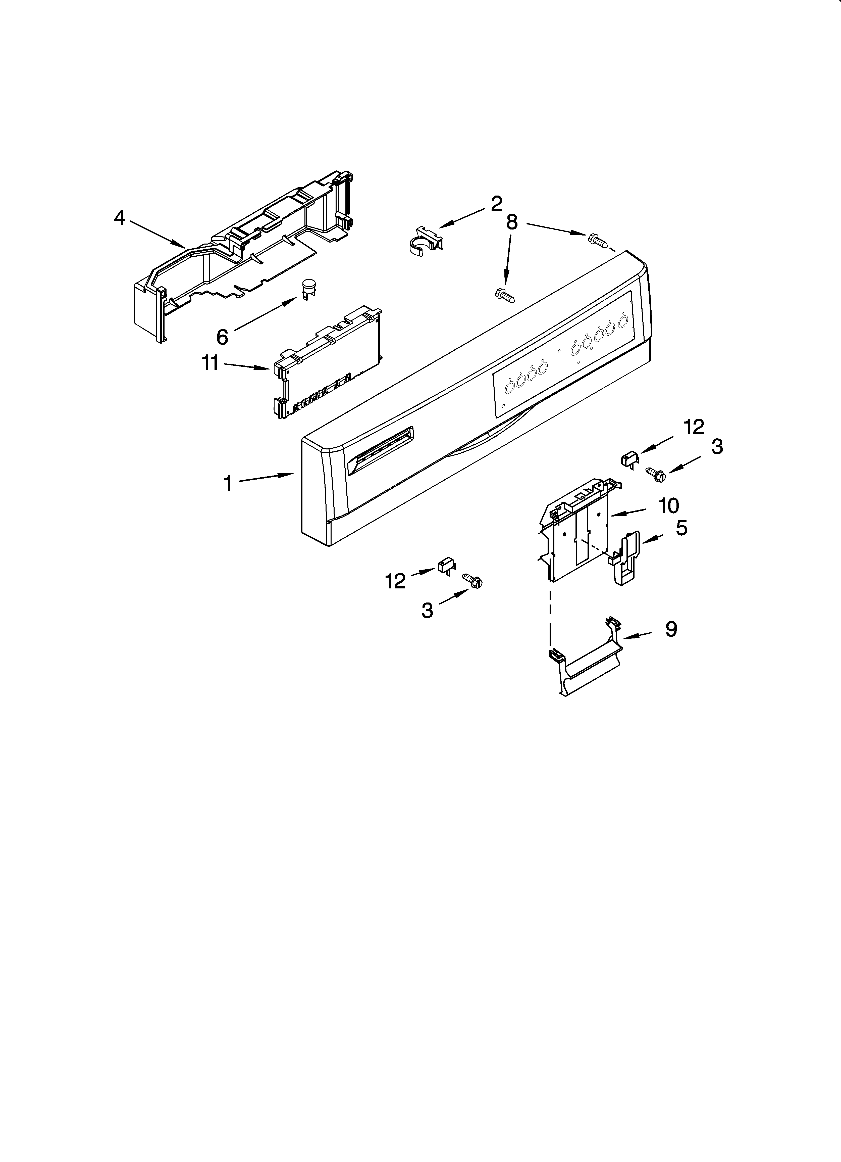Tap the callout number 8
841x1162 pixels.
point(512,222)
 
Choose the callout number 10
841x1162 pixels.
point(668,506)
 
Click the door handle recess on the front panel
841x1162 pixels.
point(380,449)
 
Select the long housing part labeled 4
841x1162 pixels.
point(241,256)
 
